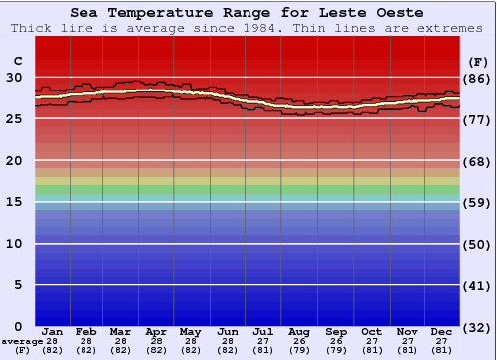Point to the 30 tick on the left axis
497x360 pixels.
[13, 78]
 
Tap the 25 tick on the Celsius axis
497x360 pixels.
[13, 119]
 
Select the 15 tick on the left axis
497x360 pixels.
[13, 202]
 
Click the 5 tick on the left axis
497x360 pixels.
[17, 285]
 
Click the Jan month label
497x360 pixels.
[53, 331]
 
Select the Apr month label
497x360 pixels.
[156, 331]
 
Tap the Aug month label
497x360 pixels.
[299, 331]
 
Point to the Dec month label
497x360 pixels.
[442, 331]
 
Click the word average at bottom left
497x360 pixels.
[22, 341]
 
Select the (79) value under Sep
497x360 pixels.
[335, 350]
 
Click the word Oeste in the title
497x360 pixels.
[396, 13]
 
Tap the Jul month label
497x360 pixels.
[263, 331]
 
